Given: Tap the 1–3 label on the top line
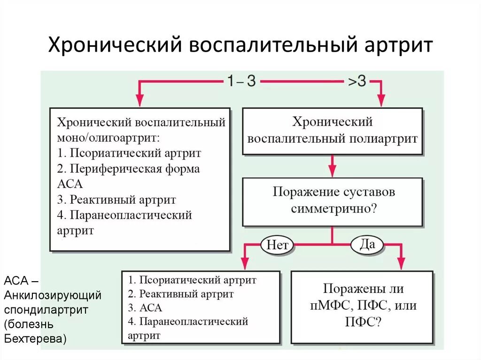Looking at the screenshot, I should click(x=241, y=81).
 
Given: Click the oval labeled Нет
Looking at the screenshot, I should click(x=277, y=245).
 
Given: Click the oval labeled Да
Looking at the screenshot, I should click(x=367, y=244).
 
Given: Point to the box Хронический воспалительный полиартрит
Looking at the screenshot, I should click(x=332, y=131).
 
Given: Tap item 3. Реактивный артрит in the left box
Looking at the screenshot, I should click(x=116, y=199).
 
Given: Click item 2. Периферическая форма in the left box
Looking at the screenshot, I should click(x=129, y=169).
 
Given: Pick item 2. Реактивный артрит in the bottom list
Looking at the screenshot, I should click(x=180, y=294).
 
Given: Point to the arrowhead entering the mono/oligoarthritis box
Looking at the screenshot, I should click(x=140, y=100).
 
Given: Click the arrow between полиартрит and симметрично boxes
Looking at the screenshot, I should click(x=332, y=166).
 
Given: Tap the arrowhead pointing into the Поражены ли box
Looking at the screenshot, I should click(x=401, y=264).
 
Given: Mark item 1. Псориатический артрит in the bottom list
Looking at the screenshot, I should click(x=192, y=280).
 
